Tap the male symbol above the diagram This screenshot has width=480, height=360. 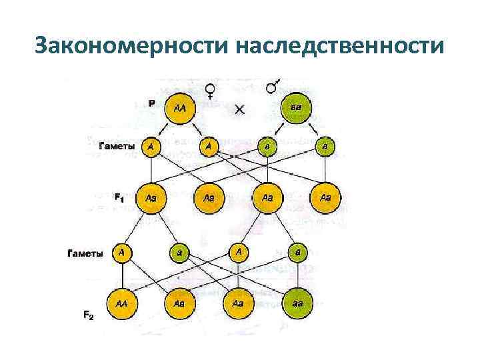[x=273, y=87]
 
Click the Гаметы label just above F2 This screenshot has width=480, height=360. [x=85, y=253]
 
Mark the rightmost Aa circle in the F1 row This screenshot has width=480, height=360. [x=325, y=197]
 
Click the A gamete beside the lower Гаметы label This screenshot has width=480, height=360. [x=122, y=253]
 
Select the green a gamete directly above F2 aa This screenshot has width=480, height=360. [x=297, y=253]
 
